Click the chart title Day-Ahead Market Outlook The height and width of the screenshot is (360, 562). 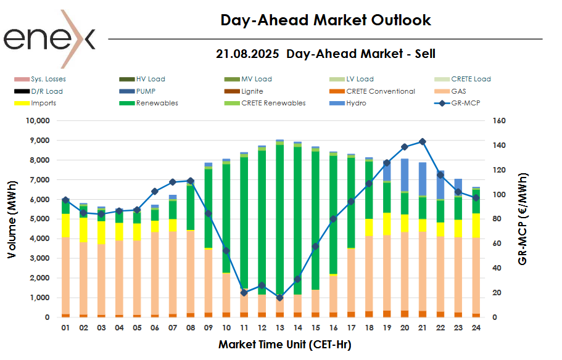pos(326,20)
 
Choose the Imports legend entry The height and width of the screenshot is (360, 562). pos(43,103)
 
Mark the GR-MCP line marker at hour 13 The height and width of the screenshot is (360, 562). pos(279,298)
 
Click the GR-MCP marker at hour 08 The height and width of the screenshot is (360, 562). pos(190,181)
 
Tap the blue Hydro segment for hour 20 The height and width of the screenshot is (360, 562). pos(405,175)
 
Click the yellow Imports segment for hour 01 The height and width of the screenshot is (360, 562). pos(65,226)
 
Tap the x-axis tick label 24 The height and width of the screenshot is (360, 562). pos(476,329)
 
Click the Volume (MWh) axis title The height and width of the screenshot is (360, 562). pos(13,218)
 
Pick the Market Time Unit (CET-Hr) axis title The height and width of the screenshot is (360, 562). pos(284,345)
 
